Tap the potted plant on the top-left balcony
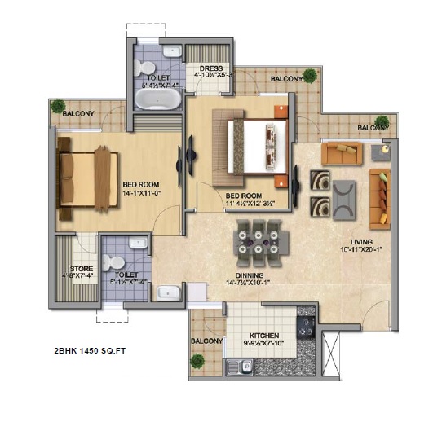click(59, 106)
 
